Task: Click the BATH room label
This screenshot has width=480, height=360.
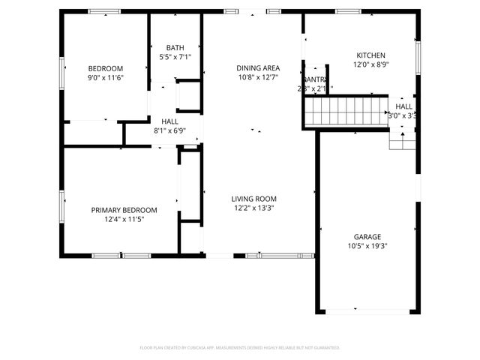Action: click(x=175, y=47)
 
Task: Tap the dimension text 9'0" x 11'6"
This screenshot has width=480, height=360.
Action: click(x=106, y=78)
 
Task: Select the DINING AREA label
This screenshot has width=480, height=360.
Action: click(x=258, y=67)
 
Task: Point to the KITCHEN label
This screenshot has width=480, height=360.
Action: click(x=370, y=56)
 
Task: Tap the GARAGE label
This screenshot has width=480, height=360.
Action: click(x=367, y=236)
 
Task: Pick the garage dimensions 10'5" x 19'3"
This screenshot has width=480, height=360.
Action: click(x=367, y=246)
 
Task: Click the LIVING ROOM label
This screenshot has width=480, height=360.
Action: click(x=254, y=199)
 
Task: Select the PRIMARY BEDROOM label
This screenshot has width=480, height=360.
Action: click(x=124, y=210)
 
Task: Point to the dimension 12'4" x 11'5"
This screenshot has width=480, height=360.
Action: click(x=124, y=220)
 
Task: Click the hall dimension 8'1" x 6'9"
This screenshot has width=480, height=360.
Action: click(x=169, y=130)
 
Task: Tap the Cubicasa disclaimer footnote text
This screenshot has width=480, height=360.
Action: click(x=240, y=348)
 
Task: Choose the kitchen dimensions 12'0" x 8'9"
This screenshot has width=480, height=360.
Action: click(x=370, y=66)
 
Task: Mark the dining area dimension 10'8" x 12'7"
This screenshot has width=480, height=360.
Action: click(x=258, y=77)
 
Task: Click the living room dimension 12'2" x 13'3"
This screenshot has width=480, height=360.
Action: click(x=254, y=208)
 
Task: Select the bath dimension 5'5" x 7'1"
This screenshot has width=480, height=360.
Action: click(x=175, y=57)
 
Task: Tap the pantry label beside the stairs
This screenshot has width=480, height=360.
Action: click(x=315, y=79)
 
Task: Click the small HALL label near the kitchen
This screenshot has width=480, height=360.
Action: click(x=403, y=106)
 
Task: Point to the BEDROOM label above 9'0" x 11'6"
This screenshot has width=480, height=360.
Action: click(x=106, y=68)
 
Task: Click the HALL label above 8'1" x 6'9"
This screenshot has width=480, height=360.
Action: click(x=169, y=121)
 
